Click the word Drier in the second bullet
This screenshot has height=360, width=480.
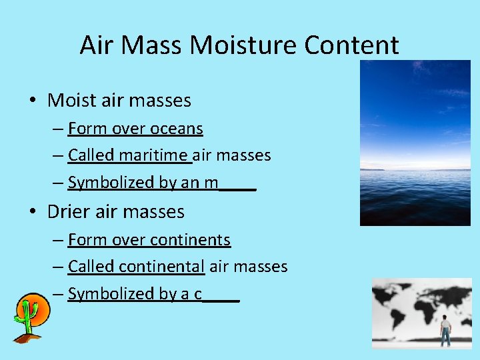pos(69,212)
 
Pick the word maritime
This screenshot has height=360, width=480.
pos(154,156)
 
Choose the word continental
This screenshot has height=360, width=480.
pos(162,267)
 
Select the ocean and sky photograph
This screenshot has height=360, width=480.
pos(415,143)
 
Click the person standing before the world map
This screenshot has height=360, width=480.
pos(445,331)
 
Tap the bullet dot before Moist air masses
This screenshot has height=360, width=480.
pos(33,101)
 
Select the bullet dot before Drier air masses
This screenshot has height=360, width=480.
pos(33,213)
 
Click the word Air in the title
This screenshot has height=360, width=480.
pos(96,45)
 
